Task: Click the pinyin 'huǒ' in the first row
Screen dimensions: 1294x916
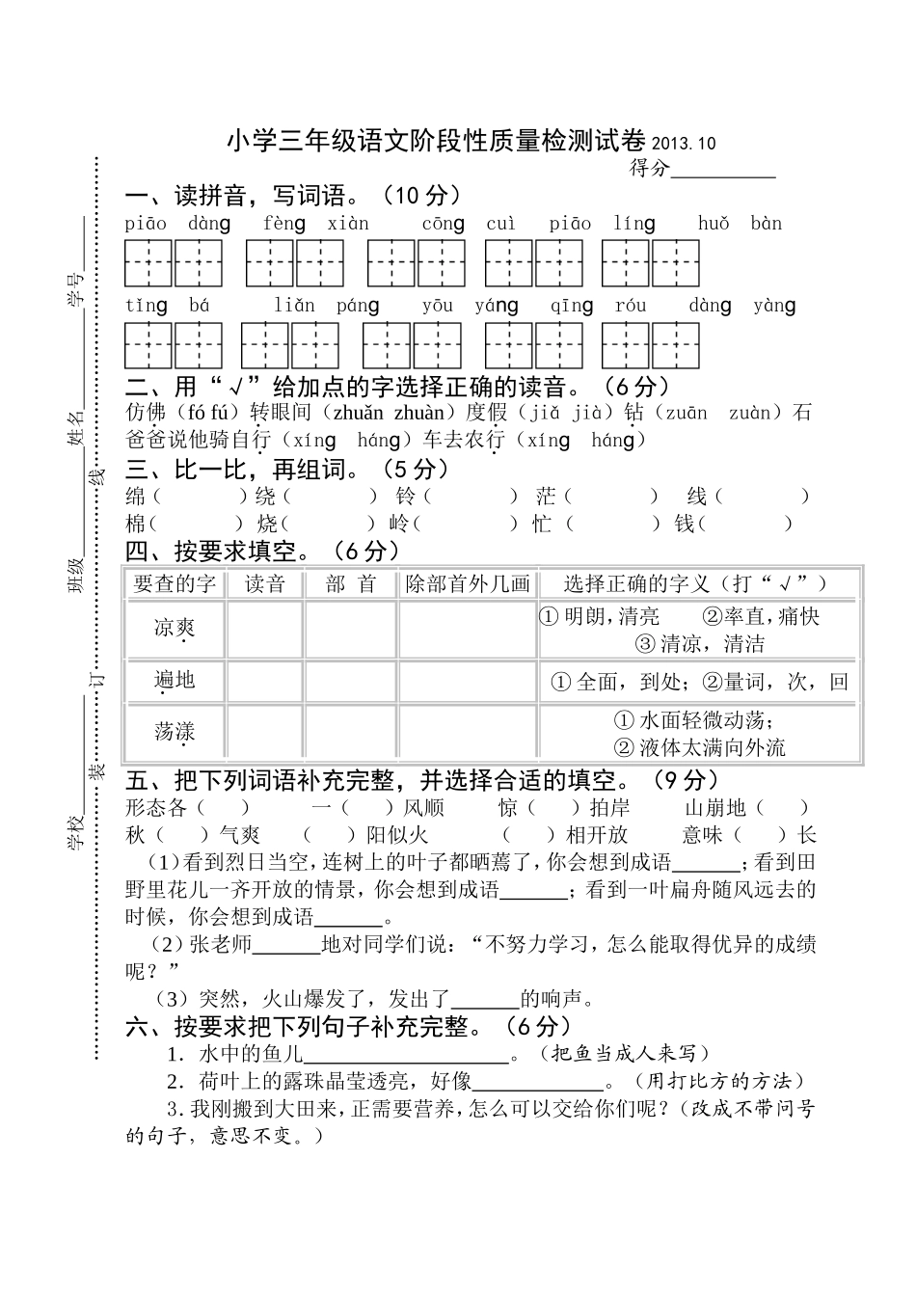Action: pos(714,224)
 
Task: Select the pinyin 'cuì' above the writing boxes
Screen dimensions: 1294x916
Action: pos(500,224)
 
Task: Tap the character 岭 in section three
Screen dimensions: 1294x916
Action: pos(398,524)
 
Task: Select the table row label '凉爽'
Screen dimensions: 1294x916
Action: pos(175,629)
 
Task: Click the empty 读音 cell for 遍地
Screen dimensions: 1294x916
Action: pos(264,681)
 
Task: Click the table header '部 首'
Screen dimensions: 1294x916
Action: pos(350,583)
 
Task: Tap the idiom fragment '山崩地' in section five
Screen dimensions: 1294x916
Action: pos(715,808)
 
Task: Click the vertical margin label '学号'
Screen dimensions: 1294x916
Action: pos(74,289)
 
